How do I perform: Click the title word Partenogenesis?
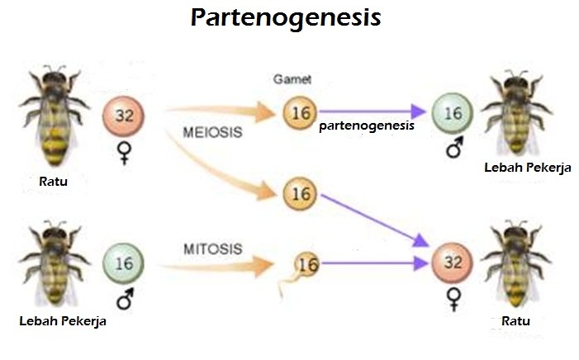[x=286, y=19]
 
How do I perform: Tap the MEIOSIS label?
[x=207, y=133]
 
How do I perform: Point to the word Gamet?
[x=290, y=79]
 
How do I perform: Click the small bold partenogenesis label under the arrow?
[x=366, y=128]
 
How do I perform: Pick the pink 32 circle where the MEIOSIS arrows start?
[x=123, y=116]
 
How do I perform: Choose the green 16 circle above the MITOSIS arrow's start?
[x=123, y=264]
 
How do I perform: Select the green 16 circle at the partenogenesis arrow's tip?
[x=453, y=113]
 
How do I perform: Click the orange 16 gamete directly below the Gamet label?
[x=299, y=112]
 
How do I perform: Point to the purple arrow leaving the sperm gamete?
[x=372, y=264]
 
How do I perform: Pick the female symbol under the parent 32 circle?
[x=124, y=154]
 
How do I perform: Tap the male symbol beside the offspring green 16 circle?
[x=452, y=149]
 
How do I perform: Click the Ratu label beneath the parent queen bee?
[x=50, y=182]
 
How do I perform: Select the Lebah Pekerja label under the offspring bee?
[x=527, y=168]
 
